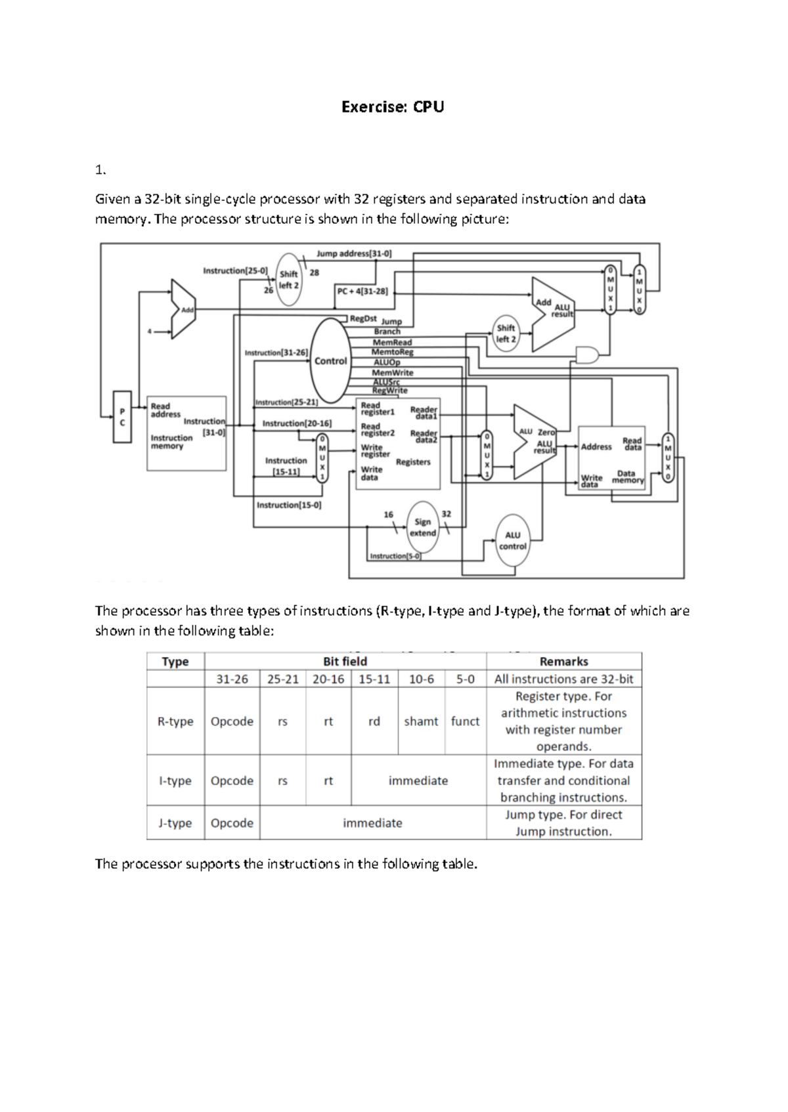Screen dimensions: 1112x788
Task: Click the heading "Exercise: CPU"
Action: pos(393,107)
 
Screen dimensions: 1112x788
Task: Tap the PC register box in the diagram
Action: pos(121,417)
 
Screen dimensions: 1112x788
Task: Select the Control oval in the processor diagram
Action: pos(330,361)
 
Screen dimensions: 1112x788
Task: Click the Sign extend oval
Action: pos(423,527)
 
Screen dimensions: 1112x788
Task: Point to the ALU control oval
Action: pos(513,541)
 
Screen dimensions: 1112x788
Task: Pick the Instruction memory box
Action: pos(186,433)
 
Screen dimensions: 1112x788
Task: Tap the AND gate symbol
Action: pos(586,355)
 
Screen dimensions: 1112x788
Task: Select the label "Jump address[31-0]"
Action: pos(354,253)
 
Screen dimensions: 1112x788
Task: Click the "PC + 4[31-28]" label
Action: pos(362,291)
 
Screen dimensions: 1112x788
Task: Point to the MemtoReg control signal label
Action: pos(393,352)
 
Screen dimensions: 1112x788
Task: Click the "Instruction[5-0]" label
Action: pos(395,556)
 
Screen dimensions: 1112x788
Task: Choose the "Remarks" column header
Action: pos(563,662)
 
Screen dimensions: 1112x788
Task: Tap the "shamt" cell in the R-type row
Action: pos(421,721)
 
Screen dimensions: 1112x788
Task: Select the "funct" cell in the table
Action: pos(465,721)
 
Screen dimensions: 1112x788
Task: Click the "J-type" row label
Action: pos(175,823)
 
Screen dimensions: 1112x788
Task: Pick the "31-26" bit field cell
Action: pos(232,679)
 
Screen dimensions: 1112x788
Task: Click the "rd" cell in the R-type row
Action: pos(374,721)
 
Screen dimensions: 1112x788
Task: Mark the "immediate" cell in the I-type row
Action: pos(418,781)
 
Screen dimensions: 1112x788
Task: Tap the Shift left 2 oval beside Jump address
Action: pos(289,280)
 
